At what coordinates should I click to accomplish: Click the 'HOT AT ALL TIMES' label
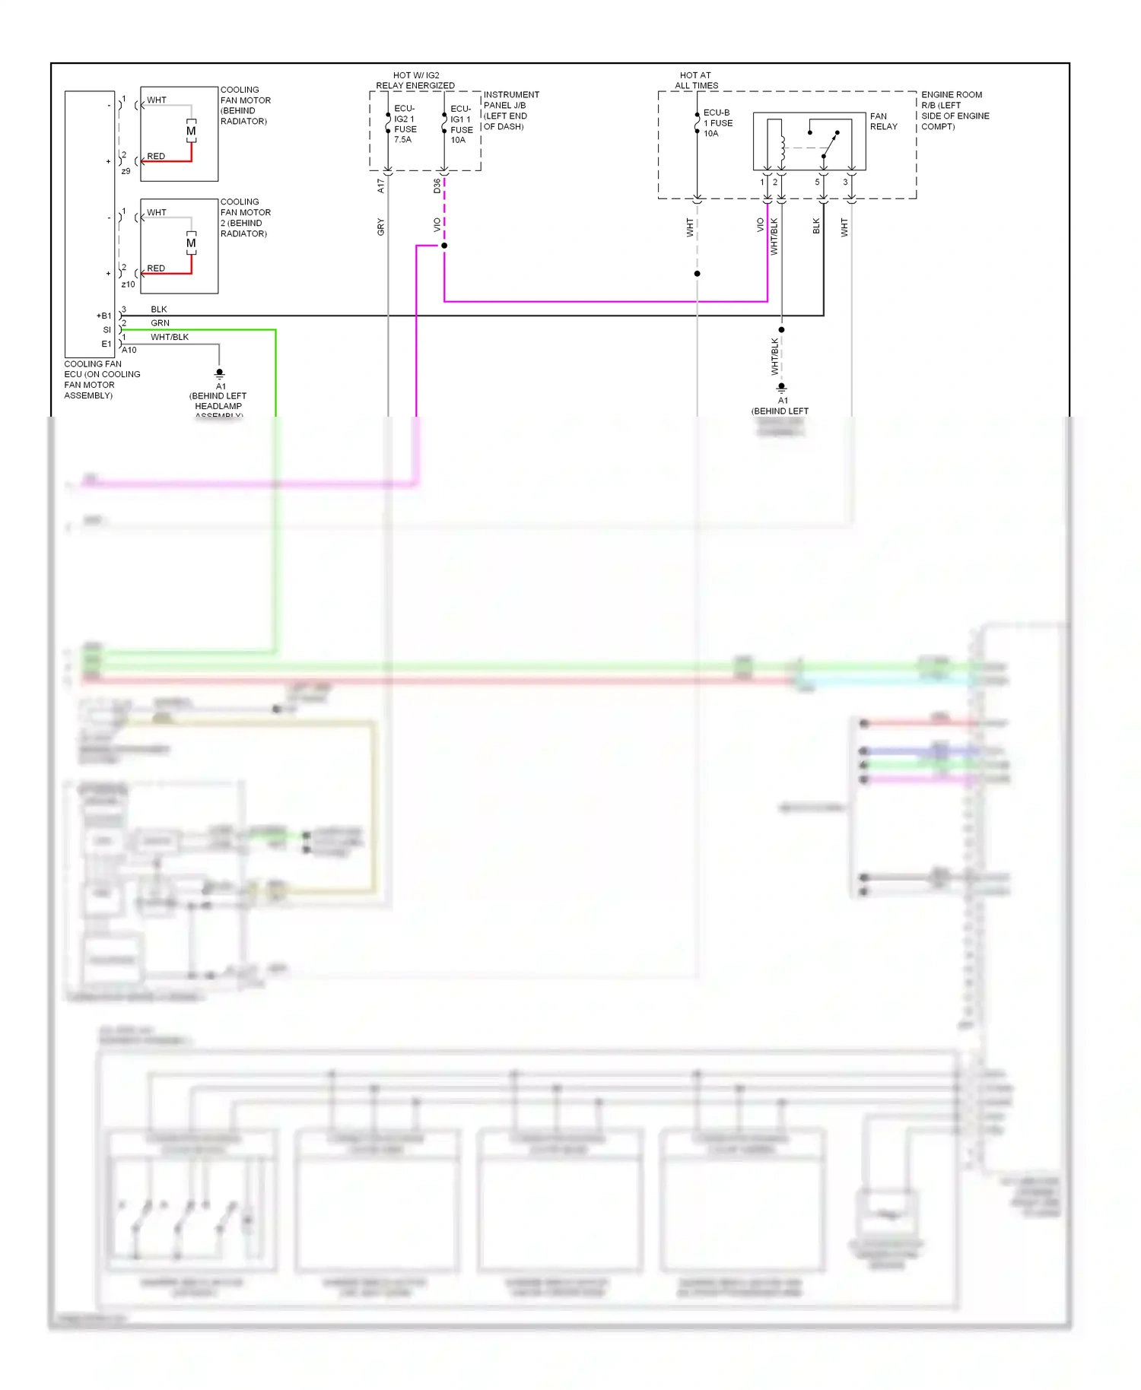tap(696, 81)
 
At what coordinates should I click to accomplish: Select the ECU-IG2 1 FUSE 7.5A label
tap(405, 124)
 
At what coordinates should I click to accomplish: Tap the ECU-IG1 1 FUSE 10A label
tap(461, 124)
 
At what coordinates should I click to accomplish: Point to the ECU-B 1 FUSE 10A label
tap(718, 123)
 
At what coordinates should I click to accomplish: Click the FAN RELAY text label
tap(883, 122)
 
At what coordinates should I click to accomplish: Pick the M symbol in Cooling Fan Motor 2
tap(191, 243)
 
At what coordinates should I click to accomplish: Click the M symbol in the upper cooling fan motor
tap(191, 131)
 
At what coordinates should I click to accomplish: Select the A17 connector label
tap(381, 186)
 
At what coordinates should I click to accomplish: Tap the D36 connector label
tap(437, 186)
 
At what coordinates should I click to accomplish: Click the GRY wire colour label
tap(381, 227)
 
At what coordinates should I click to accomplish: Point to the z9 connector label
tap(126, 171)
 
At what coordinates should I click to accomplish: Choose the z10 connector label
tap(128, 284)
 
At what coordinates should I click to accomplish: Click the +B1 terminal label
tap(103, 316)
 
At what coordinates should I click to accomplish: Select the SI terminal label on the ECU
tap(107, 330)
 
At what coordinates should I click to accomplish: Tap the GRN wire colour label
tap(160, 323)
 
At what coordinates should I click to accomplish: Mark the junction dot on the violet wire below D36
tap(444, 246)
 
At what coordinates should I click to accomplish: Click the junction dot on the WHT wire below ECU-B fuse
tap(697, 274)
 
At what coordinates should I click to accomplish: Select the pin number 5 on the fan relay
tap(818, 182)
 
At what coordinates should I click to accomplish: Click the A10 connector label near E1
tap(129, 351)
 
